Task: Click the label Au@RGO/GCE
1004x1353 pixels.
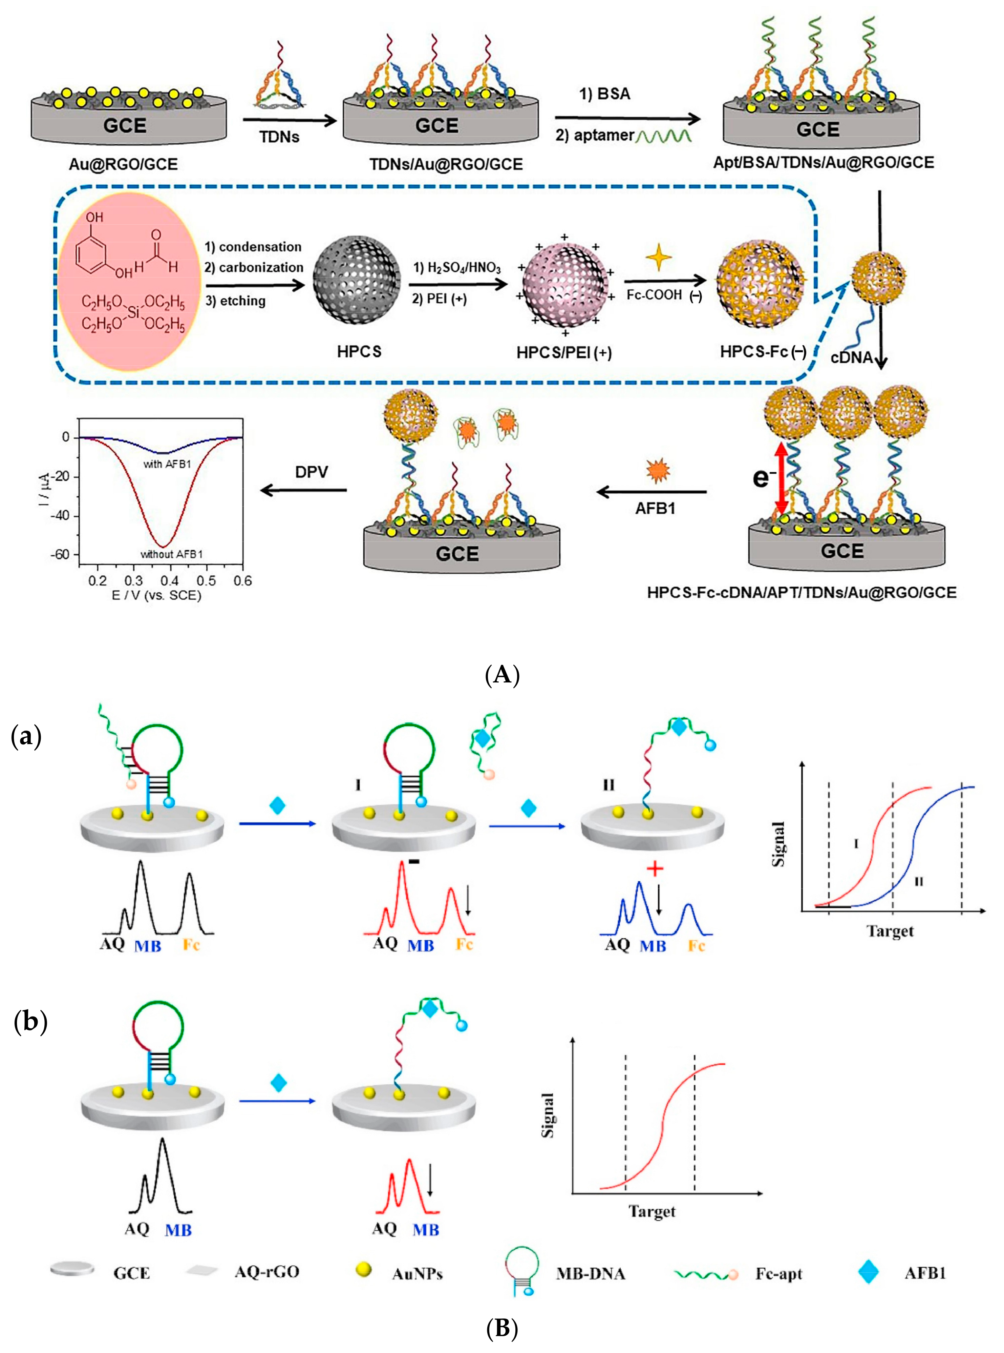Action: tap(123, 165)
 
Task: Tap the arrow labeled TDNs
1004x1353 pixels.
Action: tap(289, 121)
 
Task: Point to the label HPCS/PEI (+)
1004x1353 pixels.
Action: tap(564, 353)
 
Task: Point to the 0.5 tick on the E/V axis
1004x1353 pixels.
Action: tap(207, 581)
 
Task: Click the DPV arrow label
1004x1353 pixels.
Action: tap(312, 472)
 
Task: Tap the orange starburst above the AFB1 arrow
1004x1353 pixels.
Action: tap(656, 470)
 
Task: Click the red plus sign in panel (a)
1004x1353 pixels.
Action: tap(655, 868)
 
